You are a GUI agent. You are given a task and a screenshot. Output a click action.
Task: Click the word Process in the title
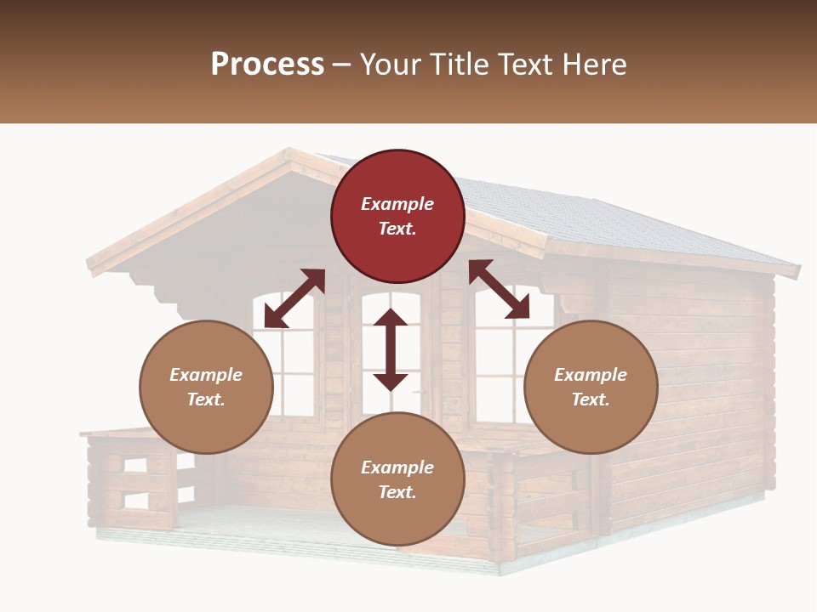pos(267,65)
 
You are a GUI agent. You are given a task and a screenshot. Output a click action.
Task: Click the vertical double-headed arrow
pos(391,349)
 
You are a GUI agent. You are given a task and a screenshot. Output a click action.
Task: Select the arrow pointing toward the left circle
pos(294,297)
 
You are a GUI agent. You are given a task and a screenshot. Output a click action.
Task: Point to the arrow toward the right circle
pos(499,289)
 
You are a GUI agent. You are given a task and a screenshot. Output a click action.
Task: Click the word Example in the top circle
pos(397,204)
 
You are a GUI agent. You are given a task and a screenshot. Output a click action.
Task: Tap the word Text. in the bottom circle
pos(397,492)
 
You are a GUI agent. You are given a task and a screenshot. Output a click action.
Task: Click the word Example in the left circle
pos(206,375)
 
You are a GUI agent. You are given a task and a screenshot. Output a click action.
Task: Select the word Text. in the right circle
pos(591,399)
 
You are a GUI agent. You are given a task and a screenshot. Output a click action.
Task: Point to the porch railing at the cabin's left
pos(132,480)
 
